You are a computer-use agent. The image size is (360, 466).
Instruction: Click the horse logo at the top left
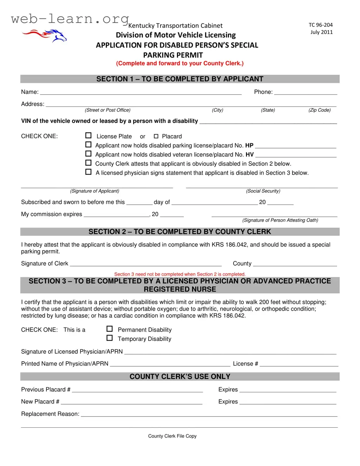click(45, 35)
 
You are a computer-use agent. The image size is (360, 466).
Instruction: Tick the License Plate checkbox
click(89, 136)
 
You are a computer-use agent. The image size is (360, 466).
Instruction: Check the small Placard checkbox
click(156, 136)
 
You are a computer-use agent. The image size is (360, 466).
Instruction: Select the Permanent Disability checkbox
click(110, 329)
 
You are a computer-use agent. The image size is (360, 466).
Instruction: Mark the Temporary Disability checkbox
click(110, 338)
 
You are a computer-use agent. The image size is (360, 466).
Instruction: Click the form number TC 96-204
click(320, 25)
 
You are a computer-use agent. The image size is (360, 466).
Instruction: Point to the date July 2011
click(321, 32)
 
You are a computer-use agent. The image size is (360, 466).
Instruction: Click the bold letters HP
click(249, 145)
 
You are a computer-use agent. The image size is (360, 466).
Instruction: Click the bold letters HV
click(249, 155)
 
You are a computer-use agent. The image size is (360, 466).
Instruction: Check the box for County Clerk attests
click(89, 163)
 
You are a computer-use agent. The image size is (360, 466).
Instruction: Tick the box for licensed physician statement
click(89, 172)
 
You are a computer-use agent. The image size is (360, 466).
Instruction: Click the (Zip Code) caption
click(320, 110)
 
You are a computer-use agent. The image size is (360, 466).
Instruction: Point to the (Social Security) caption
click(263, 191)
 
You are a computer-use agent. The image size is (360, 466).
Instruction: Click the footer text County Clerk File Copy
click(172, 436)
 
